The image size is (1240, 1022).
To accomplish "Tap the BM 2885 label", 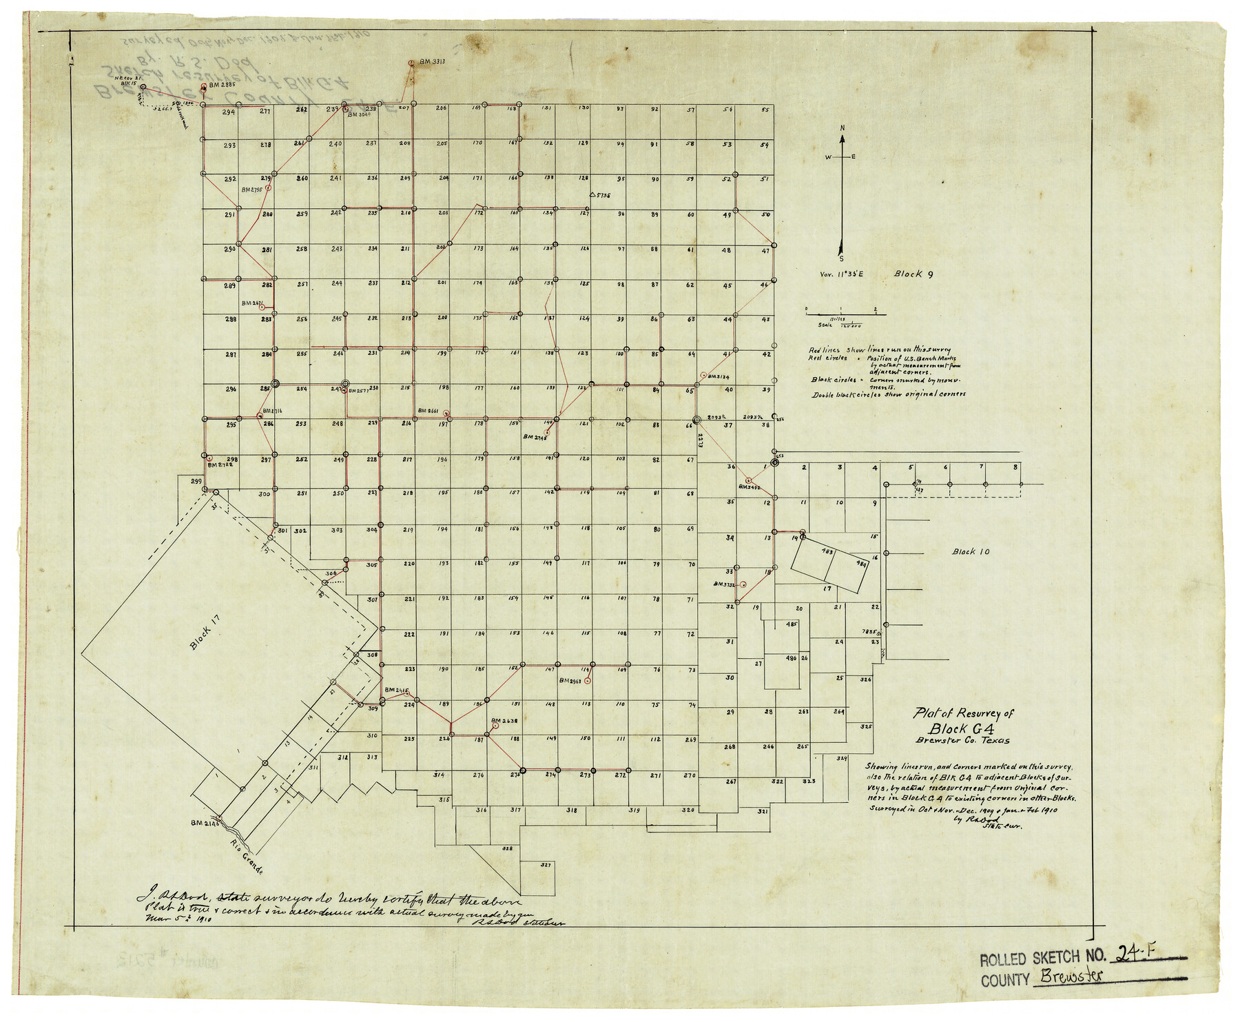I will click(x=223, y=85).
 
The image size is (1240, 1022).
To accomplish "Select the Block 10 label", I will click(x=971, y=551).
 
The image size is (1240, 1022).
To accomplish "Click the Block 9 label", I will click(x=913, y=274).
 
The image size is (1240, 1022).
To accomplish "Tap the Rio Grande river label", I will click(x=247, y=857).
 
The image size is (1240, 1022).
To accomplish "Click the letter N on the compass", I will click(x=842, y=128).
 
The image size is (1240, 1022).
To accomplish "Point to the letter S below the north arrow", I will click(x=841, y=258).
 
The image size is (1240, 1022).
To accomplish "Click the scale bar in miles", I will click(x=845, y=314).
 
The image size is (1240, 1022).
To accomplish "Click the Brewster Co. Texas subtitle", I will click(x=962, y=741).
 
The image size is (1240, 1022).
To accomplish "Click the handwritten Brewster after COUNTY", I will click(x=1071, y=977).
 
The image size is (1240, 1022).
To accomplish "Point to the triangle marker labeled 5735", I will click(x=592, y=195).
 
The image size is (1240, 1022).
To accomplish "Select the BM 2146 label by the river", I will click(x=205, y=823).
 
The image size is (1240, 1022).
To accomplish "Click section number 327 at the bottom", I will click(x=546, y=864).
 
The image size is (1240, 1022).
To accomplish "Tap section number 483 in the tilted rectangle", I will click(x=827, y=551).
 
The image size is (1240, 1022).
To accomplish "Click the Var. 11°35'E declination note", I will click(x=841, y=274).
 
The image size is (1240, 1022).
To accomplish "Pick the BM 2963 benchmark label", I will click(x=571, y=681).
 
